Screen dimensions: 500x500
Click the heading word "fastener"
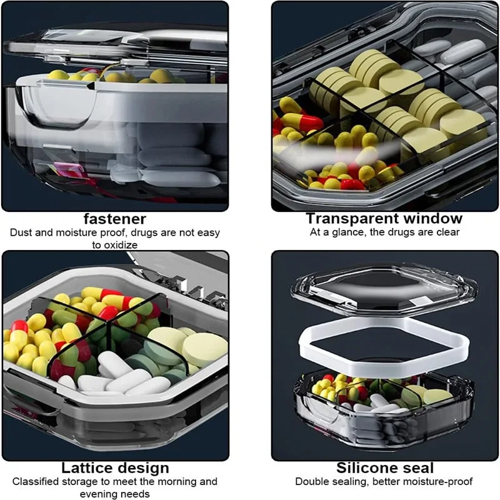tap(115, 219)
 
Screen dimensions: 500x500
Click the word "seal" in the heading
tap(417, 467)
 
